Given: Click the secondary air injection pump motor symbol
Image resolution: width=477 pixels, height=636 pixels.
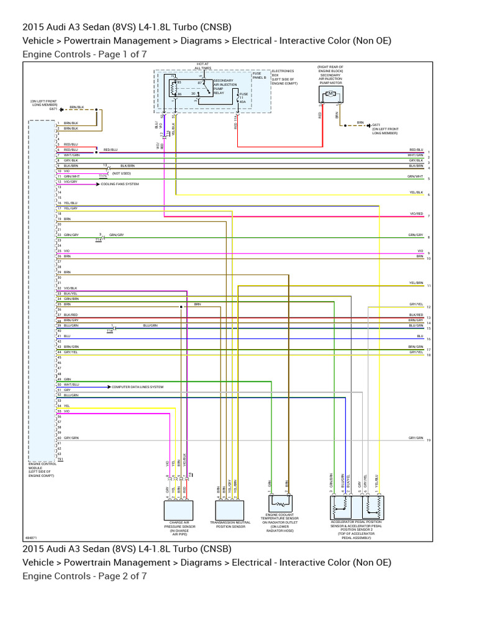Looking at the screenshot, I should coord(331,94).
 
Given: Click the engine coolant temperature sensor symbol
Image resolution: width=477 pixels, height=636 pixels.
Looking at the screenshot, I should coord(280,504).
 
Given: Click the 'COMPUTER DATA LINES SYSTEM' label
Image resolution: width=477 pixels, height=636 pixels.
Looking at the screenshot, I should coord(137,387).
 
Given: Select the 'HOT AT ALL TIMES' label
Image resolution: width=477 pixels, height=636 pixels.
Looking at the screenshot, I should coord(202,65).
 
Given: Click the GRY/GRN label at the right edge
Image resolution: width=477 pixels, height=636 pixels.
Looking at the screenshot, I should coord(416,438).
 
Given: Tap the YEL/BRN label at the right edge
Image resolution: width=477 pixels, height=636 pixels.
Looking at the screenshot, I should coord(416,283).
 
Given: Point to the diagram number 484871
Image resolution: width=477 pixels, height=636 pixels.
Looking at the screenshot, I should coord(31,537).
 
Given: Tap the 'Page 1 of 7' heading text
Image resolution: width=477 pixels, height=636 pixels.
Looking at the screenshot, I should coord(84,54).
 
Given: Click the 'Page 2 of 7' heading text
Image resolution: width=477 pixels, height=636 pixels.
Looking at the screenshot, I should coord(84,576).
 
